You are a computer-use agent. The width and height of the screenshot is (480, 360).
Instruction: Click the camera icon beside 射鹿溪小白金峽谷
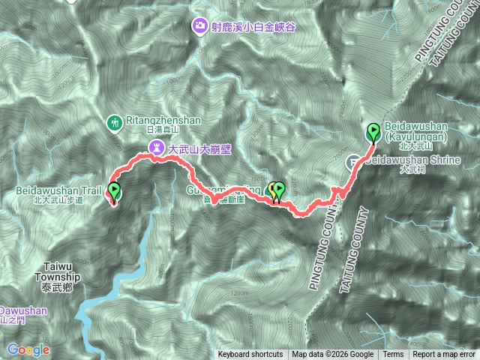pyautogui.click(x=199, y=26)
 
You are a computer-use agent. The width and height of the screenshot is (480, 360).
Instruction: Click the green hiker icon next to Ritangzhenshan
pyautogui.click(x=115, y=121)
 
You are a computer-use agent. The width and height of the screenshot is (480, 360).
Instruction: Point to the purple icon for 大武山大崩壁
pyautogui.click(x=155, y=148)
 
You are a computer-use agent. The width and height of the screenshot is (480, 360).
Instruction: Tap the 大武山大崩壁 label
pyautogui.click(x=199, y=148)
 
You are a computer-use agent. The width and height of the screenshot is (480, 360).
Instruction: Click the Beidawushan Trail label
pyautogui.click(x=57, y=191)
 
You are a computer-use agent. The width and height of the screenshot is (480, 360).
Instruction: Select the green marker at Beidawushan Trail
pyautogui.click(x=114, y=192)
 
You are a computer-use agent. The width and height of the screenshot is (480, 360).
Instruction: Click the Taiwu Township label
pyautogui.click(x=57, y=271)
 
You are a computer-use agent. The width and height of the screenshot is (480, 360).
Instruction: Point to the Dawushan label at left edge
pyautogui.click(x=22, y=310)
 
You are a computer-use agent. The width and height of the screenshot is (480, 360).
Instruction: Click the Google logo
pyautogui.click(x=28, y=349)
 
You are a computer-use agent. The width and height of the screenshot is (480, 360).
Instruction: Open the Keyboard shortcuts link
pyautogui.click(x=250, y=355)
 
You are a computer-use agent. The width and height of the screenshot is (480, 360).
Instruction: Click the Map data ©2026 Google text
pyautogui.click(x=333, y=355)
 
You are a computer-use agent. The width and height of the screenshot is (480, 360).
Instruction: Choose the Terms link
pyautogui.click(x=393, y=355)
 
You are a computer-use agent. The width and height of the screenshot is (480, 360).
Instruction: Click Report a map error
pyautogui.click(x=444, y=355)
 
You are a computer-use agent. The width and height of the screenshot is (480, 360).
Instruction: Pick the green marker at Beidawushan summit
pyautogui.click(x=373, y=133)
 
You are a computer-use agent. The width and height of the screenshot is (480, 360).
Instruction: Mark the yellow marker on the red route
pyautogui.click(x=272, y=190)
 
